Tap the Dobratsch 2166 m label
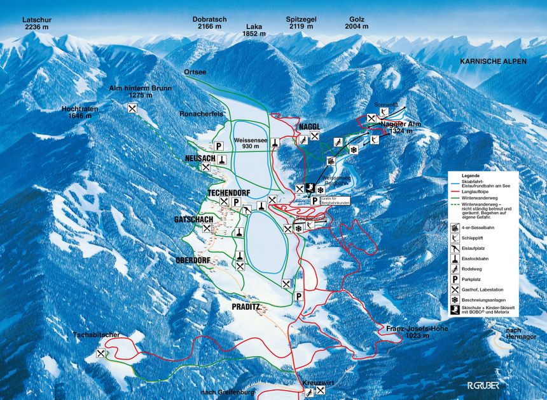[x=209, y=23]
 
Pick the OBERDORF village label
[x=193, y=260]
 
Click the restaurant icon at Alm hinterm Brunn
[x=132, y=109]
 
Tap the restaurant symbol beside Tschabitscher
[x=100, y=355]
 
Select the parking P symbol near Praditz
[x=298, y=297]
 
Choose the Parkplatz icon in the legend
[x=455, y=278]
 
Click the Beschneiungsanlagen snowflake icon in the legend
[x=455, y=300]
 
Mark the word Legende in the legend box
[x=472, y=175]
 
